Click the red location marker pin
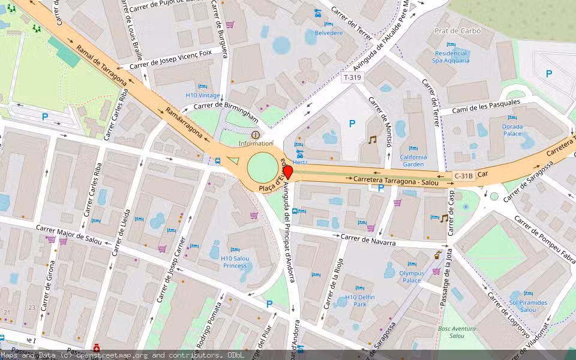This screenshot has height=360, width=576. point(287,172)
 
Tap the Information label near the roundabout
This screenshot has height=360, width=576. point(255,143)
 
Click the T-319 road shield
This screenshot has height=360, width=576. point(352,77)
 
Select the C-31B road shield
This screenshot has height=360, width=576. point(464,176)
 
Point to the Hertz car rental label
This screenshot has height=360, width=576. point(301,161)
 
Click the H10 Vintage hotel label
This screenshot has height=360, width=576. point(202,95)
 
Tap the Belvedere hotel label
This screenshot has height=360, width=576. point(328,33)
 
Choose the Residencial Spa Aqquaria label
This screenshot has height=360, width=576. point(451,56)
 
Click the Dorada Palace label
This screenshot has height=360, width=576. point(512,130)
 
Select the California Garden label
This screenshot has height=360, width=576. point(413,160)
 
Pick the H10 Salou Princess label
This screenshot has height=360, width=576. point(235,262)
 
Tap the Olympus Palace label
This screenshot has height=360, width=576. point(411,277)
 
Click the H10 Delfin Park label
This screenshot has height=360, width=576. point(360,300)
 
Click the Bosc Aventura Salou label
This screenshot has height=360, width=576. point(457,332)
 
